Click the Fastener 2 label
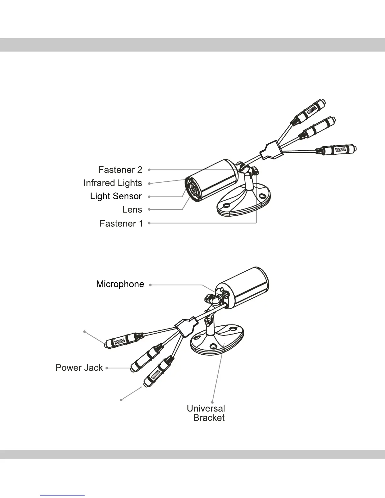120,170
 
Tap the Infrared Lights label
113,183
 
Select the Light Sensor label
116,196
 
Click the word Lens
132,209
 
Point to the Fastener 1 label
121,223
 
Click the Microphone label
120,284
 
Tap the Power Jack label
79,368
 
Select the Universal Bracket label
206,413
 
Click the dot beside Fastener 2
149,170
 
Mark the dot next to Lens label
149,209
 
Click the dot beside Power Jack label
107,368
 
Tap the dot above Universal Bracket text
213,402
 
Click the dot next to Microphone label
151,285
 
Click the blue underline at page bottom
63,495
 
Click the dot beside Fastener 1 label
149,223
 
